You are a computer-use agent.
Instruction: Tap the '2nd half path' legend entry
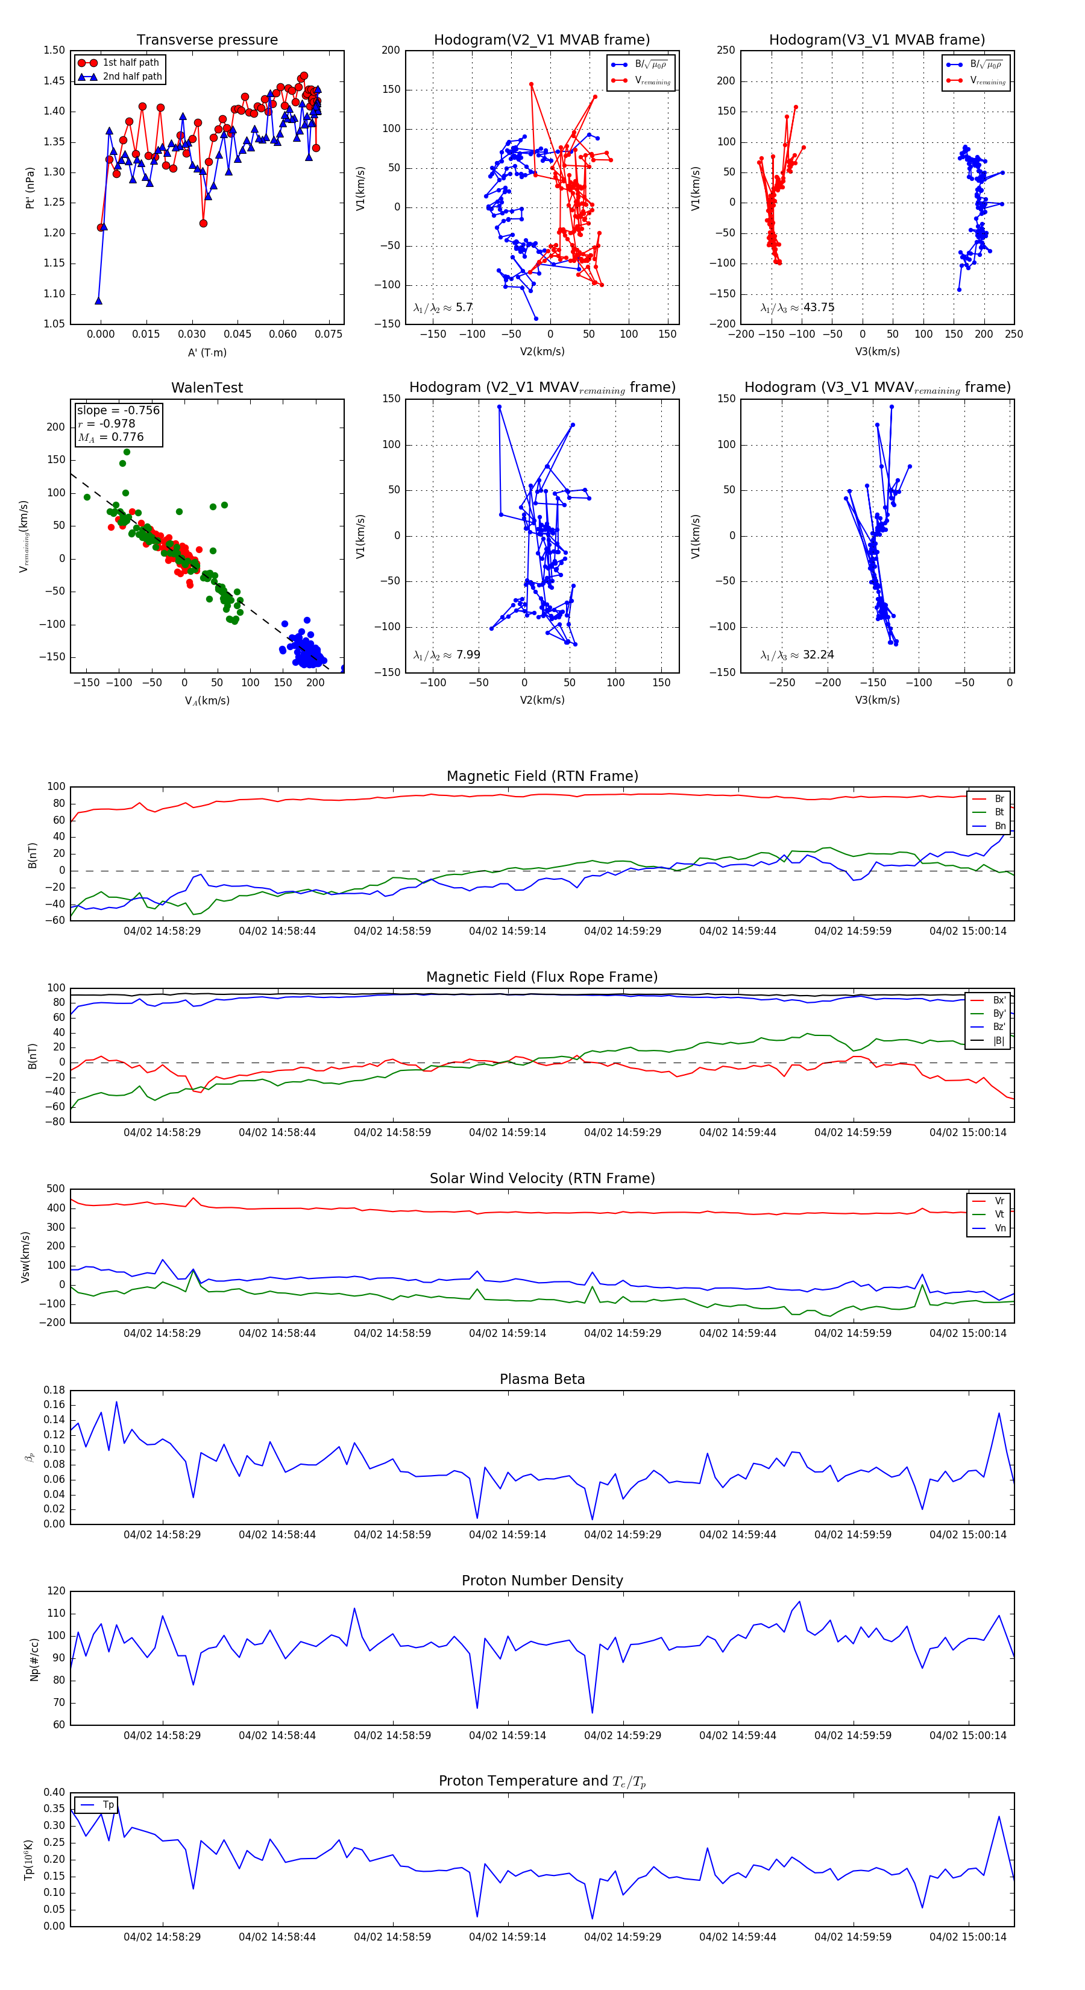(x=132, y=77)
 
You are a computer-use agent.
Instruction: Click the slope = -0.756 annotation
(x=118, y=410)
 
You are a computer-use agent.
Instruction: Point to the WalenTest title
(x=207, y=388)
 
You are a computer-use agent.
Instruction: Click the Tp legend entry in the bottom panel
(x=108, y=1805)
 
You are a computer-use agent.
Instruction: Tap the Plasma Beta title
(x=542, y=1379)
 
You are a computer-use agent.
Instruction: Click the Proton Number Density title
(x=542, y=1581)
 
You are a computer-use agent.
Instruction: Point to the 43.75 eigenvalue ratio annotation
(x=819, y=308)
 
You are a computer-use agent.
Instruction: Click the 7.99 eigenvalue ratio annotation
(x=468, y=655)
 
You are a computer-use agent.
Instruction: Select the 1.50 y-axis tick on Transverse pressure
(x=55, y=50)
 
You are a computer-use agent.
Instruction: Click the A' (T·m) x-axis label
(x=207, y=352)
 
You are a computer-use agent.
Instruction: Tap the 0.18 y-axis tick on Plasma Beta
(x=55, y=1390)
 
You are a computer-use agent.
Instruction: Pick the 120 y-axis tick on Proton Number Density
(x=57, y=1591)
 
